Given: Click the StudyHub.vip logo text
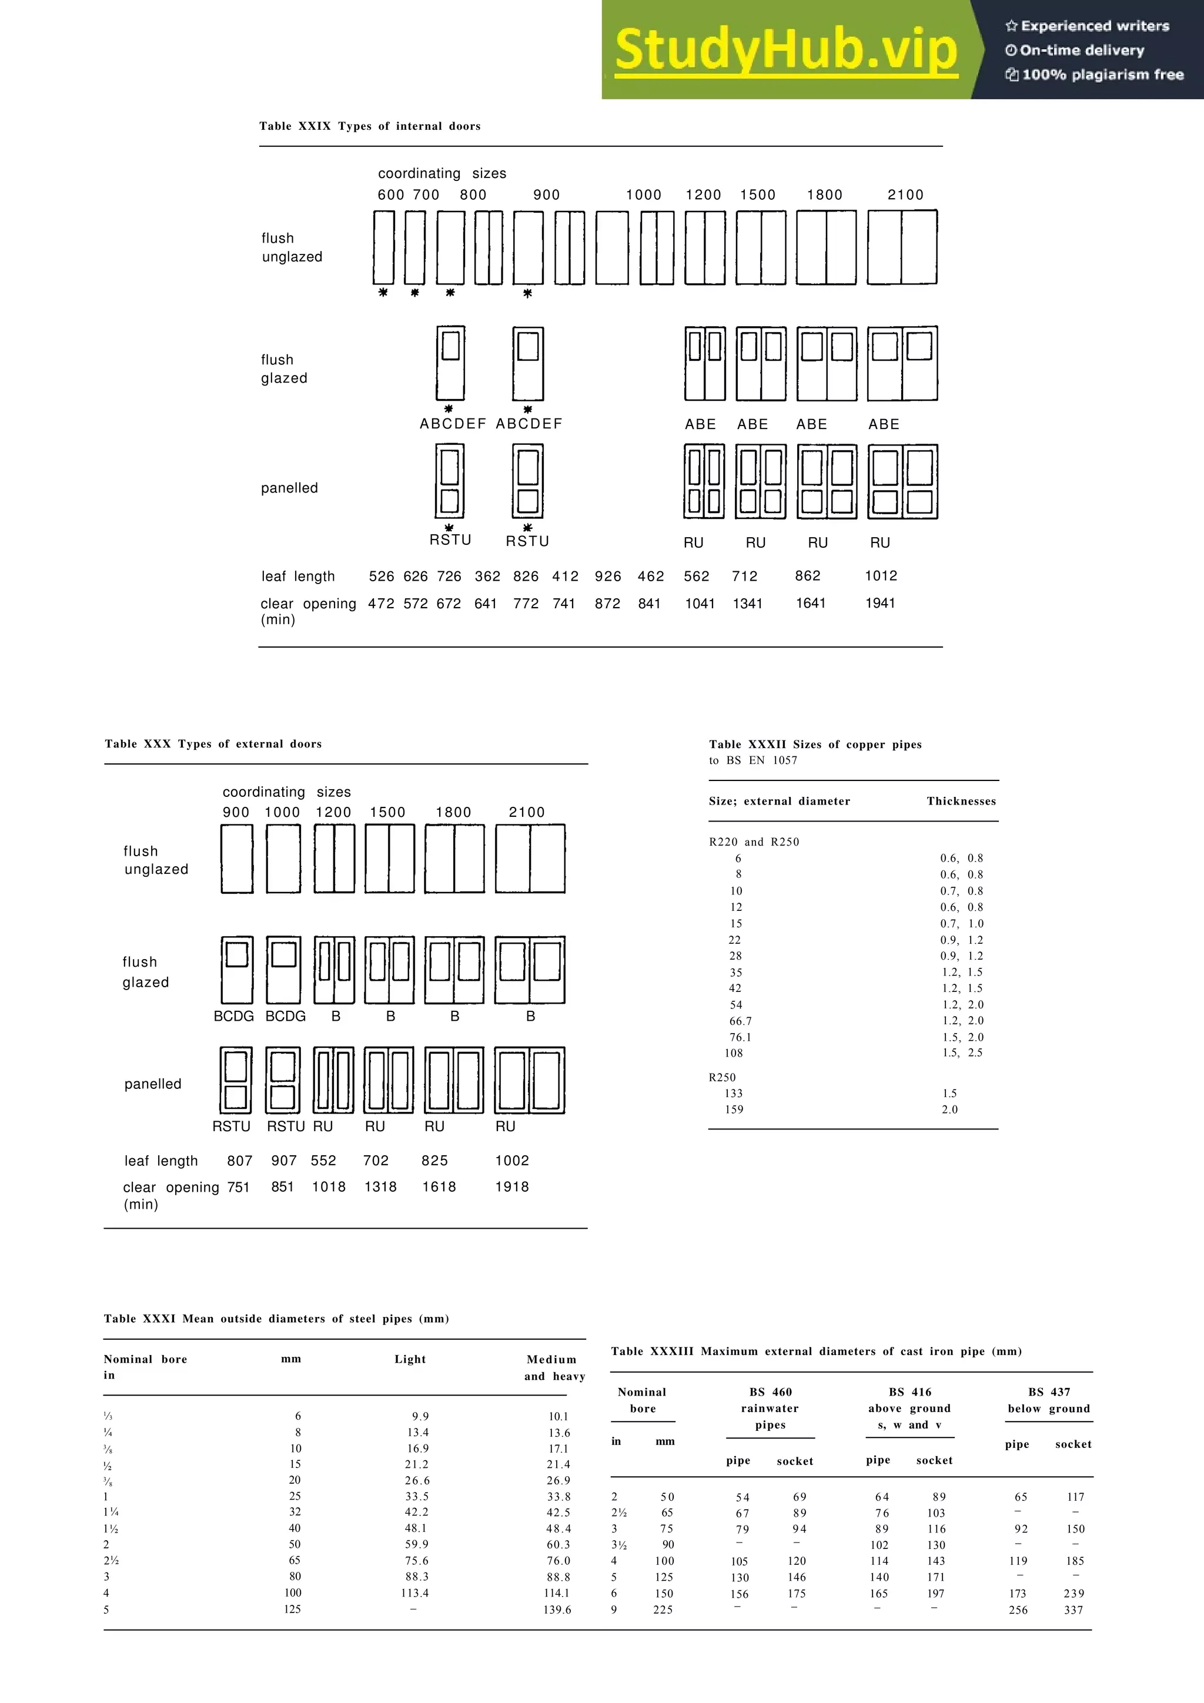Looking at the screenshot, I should point(785,50).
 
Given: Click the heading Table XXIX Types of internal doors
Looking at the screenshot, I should point(369,126).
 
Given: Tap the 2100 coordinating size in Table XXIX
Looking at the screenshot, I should point(905,195).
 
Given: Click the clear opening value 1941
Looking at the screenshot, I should point(880,603).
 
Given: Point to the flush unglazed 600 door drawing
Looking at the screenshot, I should point(383,248).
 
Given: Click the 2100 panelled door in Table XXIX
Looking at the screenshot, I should point(902,481).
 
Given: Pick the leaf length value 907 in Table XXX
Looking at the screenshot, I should point(283,1160).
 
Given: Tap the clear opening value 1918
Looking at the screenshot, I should point(512,1187).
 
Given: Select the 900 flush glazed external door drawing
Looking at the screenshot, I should point(237,970).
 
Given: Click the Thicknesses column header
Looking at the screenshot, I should point(961,801).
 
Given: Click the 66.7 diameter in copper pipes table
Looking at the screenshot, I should point(740,1021).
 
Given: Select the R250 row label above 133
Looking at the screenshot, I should point(722,1077).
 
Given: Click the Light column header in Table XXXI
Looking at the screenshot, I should point(410,1359).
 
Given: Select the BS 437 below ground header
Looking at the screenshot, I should point(1048,1400).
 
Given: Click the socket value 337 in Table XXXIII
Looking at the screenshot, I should point(1073,1610).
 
